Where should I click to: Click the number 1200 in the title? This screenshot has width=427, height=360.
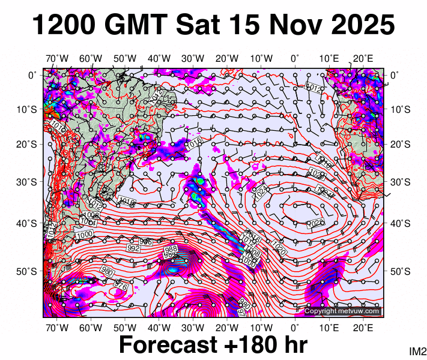point(62,25)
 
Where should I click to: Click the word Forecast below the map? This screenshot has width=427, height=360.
point(168,345)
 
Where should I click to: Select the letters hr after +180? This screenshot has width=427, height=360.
point(294,345)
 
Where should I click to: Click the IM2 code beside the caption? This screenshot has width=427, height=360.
point(417,351)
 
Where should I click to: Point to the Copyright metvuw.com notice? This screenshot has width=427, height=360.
point(342,311)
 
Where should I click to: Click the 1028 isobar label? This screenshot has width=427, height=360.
point(315,224)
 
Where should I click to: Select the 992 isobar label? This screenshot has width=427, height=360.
point(133,248)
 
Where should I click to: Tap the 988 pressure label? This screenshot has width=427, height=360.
point(171,248)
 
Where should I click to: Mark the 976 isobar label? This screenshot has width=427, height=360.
point(121,286)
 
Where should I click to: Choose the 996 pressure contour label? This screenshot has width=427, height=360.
point(146,241)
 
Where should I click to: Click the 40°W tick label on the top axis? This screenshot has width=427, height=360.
point(160,58)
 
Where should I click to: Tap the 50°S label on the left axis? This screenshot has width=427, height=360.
point(29,272)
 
